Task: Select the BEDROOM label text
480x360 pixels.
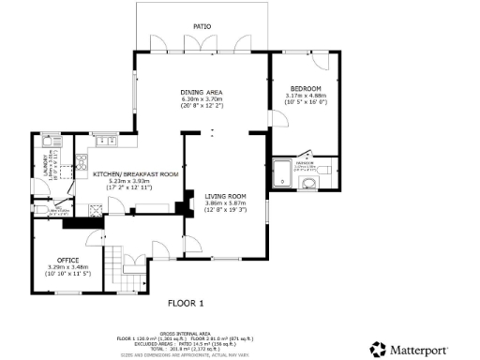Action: (305, 88)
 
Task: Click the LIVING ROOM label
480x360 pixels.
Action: (224, 196)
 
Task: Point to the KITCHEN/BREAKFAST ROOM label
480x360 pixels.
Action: (135, 174)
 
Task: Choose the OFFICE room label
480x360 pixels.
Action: (67, 259)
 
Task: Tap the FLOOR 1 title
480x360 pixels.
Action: (186, 303)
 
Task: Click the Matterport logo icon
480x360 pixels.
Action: (377, 349)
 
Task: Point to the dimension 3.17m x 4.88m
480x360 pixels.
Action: (305, 95)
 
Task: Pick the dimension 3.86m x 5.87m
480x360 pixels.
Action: (224, 202)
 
